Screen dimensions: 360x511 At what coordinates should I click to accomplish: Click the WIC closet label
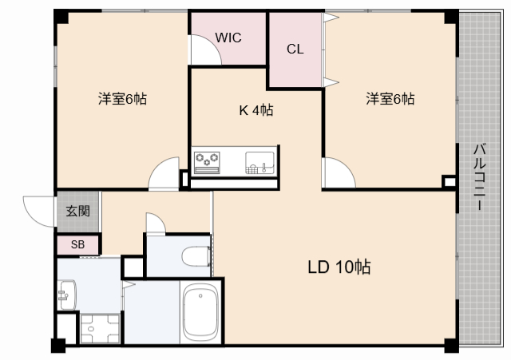[x=228, y=37]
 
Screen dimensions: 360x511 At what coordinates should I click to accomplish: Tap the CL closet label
[x=295, y=49]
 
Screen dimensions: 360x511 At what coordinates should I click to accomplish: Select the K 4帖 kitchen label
[x=256, y=111]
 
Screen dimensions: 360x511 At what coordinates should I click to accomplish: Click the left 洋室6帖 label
[x=122, y=99]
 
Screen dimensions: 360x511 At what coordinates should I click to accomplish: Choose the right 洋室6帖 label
[x=390, y=99]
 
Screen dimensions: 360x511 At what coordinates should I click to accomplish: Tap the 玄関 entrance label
[x=77, y=212]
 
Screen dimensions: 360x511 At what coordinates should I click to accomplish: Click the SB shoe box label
[x=77, y=245]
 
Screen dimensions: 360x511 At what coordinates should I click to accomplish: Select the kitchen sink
[x=259, y=161]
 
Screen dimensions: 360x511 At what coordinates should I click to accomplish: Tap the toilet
[x=195, y=256]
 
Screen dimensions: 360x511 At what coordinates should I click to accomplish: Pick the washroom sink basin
[x=65, y=295]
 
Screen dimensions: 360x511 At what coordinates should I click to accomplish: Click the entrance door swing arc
[x=38, y=209]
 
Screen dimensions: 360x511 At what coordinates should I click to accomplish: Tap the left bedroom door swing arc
[x=165, y=172]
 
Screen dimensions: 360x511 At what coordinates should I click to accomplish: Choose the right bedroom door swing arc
[x=336, y=172]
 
